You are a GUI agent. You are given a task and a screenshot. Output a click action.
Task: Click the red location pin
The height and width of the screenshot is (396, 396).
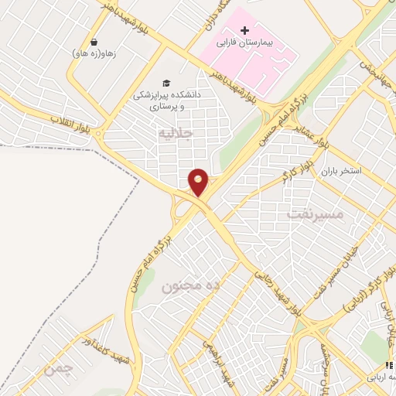click(x=199, y=182)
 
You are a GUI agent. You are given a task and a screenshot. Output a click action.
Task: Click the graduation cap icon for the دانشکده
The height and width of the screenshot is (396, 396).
click(x=165, y=83)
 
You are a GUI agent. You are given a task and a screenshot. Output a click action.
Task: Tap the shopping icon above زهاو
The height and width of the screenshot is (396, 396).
click(x=94, y=43)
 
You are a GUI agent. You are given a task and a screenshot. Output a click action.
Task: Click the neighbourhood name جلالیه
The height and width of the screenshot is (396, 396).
click(x=174, y=133)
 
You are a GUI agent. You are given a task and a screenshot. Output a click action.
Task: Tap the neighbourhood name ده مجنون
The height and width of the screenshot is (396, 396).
click(x=185, y=286)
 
